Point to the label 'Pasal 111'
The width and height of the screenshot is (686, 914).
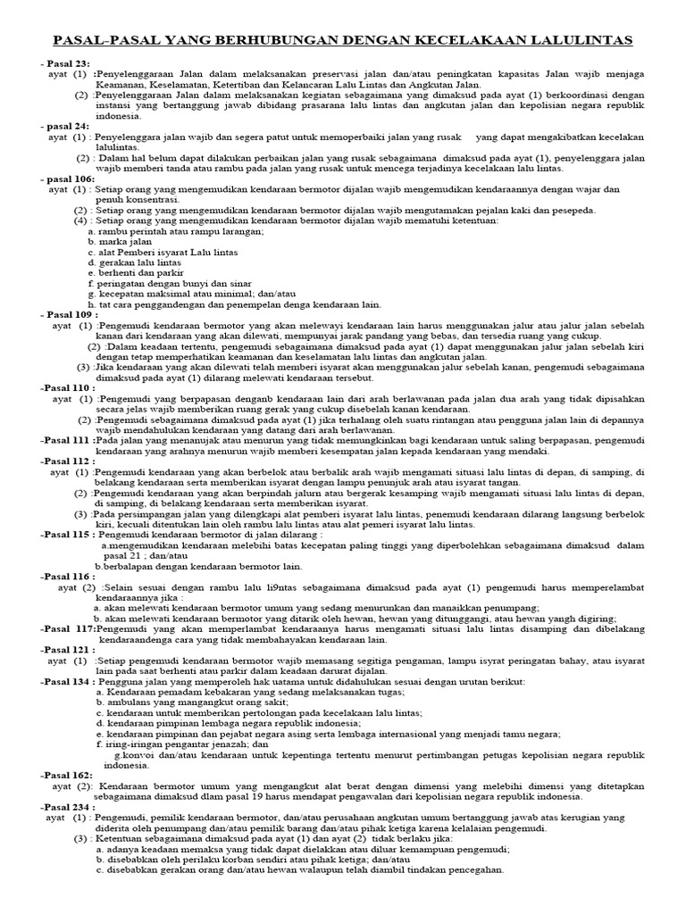67,441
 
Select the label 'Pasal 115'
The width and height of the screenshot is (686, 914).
68,535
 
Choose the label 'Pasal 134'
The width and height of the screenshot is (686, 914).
68,681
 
